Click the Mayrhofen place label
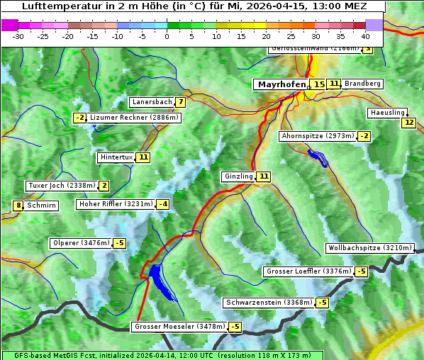pyautogui.click(x=281, y=84)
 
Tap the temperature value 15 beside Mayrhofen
pyautogui.click(x=319, y=84)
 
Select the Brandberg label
pyautogui.click(x=363, y=84)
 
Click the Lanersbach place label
pyautogui.click(x=152, y=102)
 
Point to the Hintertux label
pyautogui.click(x=116, y=157)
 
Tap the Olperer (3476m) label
pyautogui.click(x=81, y=243)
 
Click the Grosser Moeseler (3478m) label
pyautogui.click(x=179, y=327)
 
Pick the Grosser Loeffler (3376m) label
pyautogui.click(x=308, y=271)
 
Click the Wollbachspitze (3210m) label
pyautogui.click(x=369, y=248)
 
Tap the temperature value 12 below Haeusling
pyautogui.click(x=408, y=123)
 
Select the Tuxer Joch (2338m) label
pyautogui.click(x=61, y=186)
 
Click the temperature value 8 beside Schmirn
pyautogui.click(x=18, y=206)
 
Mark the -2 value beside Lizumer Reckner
pyautogui.click(x=79, y=118)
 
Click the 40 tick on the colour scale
pyautogui.click(x=365, y=36)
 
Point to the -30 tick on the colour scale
pyautogui.click(x=18, y=36)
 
